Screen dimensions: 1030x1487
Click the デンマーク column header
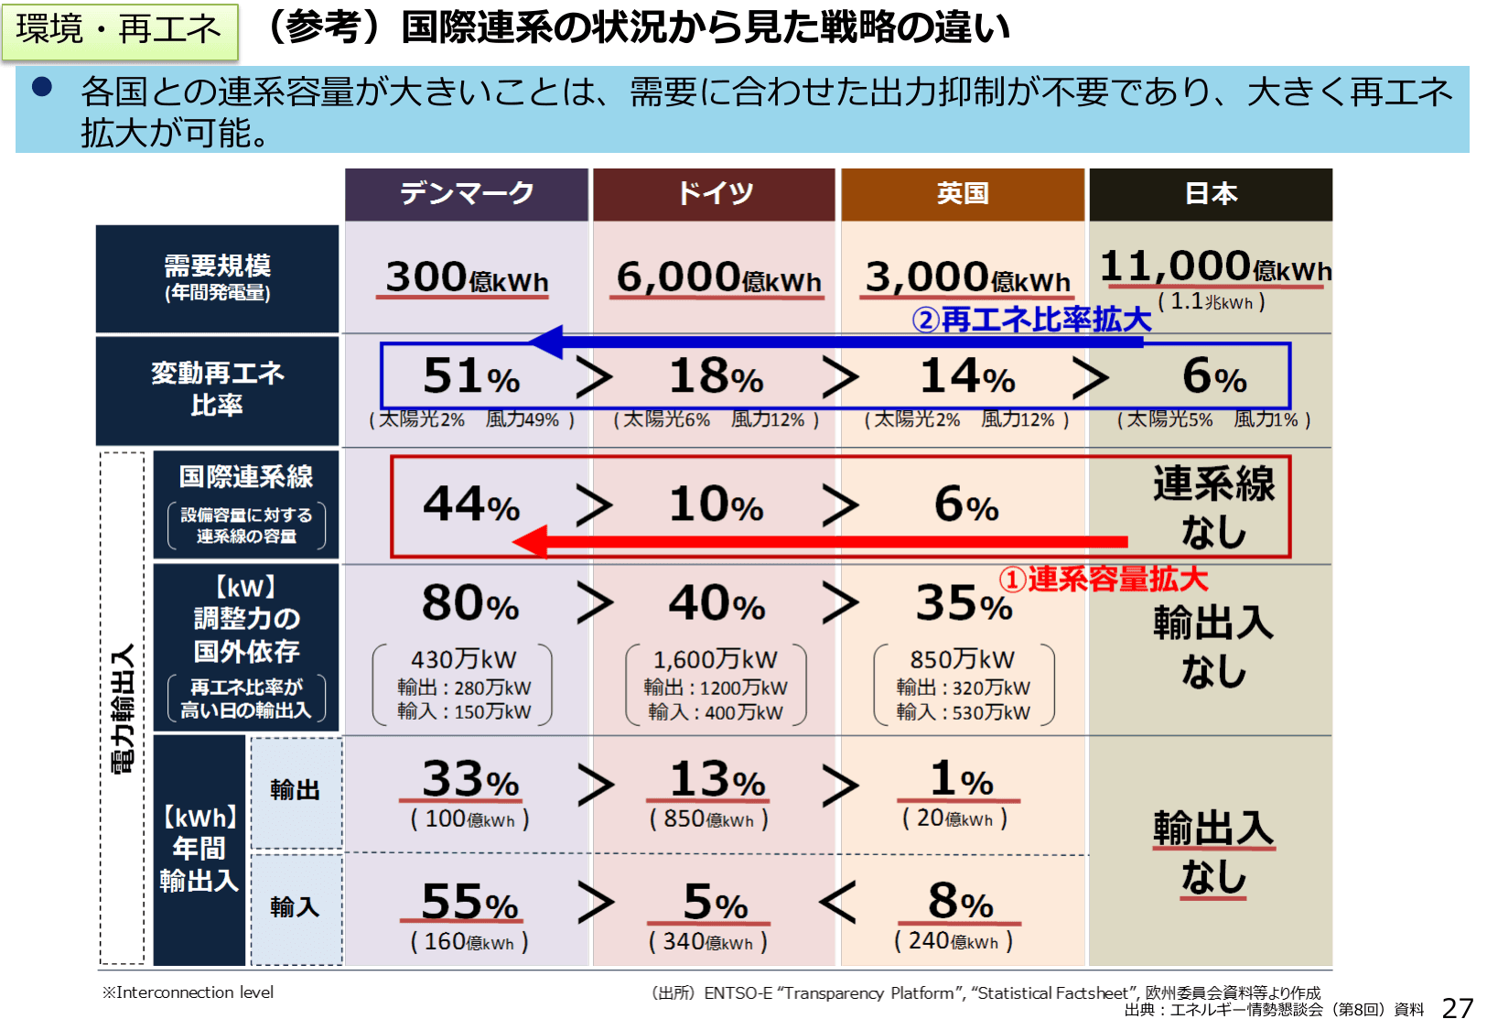point(467,194)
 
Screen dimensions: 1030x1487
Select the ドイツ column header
point(715,194)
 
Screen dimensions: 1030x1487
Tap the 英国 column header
point(963,194)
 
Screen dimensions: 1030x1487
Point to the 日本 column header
point(1211,194)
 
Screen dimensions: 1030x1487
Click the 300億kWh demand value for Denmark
point(467,277)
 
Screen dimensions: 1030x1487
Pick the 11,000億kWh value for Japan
point(1213,267)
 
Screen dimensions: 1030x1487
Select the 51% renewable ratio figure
point(470,376)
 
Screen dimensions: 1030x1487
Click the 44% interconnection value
point(470,504)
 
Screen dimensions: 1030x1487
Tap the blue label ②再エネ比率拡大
point(1031,320)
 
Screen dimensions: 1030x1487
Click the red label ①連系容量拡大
point(1103,580)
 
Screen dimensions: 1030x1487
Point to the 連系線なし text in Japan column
point(1213,506)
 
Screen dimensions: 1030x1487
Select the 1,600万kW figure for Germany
point(715,659)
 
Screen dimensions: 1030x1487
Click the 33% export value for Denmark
point(469,780)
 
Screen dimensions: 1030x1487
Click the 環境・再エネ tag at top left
point(119,30)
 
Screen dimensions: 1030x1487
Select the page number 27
point(1457,1008)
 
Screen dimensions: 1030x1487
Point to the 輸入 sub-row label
point(295,907)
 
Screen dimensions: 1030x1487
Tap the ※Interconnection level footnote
point(188,992)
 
